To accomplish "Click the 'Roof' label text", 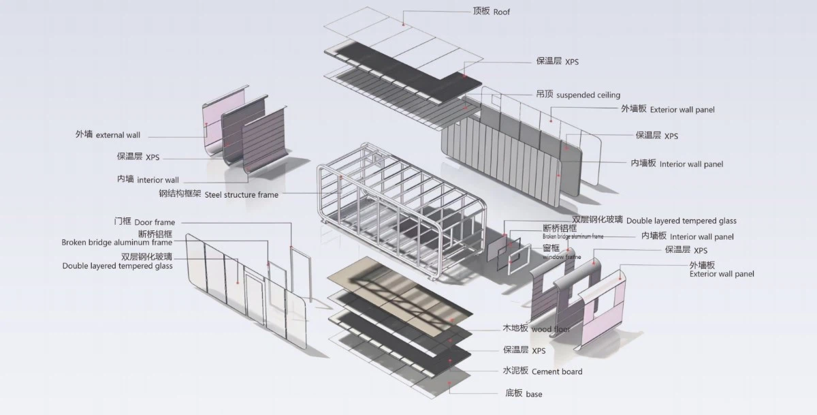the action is pos(502,12).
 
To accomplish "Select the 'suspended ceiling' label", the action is pos(588,95).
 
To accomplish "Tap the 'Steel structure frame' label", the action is pos(242,195).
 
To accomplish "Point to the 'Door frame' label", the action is pos(155,222).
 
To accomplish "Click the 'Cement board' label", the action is pos(557,372).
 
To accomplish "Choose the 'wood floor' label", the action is pos(550,329).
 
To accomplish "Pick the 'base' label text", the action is pos(534,394).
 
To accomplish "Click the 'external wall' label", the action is pos(118,135).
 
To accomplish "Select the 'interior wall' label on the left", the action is pos(158,180).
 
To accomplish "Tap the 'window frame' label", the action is pos(562,257).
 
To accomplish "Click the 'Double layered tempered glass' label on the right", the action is pos(682,221).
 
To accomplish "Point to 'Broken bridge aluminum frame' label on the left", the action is pos(116,243).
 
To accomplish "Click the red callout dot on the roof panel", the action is pos(403,25).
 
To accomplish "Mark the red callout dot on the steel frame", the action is pos(341,177).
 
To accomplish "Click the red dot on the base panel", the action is pos(449,383).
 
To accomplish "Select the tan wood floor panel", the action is pos(400,296).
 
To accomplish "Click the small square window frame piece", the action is pos(519,259).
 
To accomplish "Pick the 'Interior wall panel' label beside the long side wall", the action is pos(691,164).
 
